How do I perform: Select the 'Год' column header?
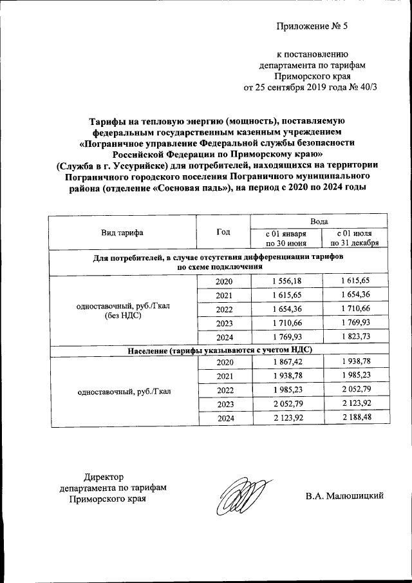[223, 232]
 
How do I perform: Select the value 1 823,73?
[354, 337]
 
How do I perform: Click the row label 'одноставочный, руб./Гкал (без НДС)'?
[122, 310]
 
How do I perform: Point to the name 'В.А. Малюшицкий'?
[345, 495]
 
